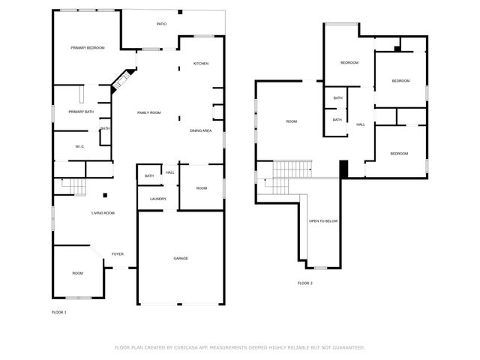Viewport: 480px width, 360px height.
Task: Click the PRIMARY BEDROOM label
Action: click(87, 48)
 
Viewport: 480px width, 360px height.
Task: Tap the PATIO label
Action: click(161, 24)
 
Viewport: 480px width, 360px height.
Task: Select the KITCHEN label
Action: click(200, 64)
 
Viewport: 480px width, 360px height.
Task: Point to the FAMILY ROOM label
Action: click(148, 112)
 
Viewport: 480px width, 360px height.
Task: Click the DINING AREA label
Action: click(200, 131)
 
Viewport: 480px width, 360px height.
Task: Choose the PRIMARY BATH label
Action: click(81, 112)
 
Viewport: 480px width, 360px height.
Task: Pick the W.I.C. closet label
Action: click(80, 146)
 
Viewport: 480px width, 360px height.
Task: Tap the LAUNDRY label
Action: click(157, 199)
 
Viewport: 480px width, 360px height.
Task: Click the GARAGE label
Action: click(181, 259)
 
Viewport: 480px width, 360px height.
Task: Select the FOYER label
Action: click(118, 254)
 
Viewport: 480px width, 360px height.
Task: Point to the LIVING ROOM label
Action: click(103, 214)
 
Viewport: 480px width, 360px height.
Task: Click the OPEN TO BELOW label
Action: click(323, 221)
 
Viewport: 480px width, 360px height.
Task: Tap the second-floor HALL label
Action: click(361, 124)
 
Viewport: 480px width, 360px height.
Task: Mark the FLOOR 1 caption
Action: click(58, 312)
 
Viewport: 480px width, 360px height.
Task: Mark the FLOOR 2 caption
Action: click(304, 283)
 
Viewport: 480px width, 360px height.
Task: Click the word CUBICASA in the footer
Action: click(187, 347)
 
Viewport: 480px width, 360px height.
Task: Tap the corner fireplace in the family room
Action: click(122, 80)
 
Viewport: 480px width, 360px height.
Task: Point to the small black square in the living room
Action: click(105, 196)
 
